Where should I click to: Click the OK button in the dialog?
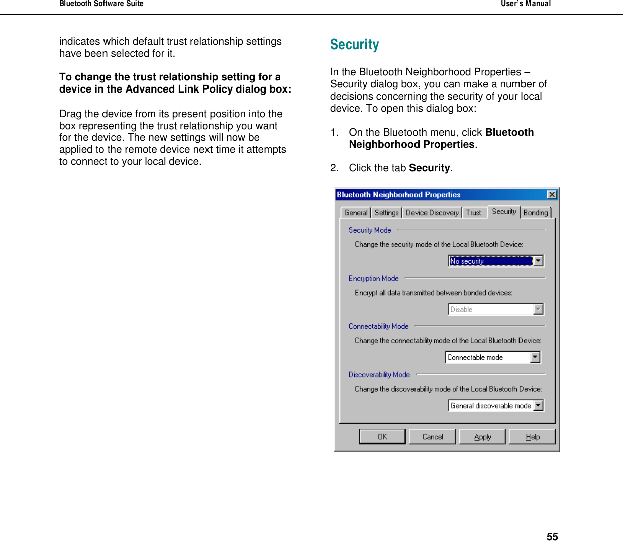pos(382,437)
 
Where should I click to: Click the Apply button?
pos(482,437)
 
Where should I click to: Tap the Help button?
pos(532,437)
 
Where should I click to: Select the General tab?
pos(356,213)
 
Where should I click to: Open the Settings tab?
pos(386,213)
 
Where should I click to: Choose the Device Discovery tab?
pos(432,213)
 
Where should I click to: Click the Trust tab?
pos(473,213)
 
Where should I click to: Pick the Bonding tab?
pos(536,213)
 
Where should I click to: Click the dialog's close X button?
pos(552,195)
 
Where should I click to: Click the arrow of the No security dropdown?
pos(538,261)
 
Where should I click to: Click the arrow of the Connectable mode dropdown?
pos(535,357)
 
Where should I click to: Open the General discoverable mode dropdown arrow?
pos(538,406)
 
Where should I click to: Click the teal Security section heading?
pos(354,45)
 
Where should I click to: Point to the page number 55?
pos(552,537)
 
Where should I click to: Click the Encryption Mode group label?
pos(373,279)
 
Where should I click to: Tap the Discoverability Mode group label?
pos(379,375)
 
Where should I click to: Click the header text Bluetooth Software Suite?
pos(101,4)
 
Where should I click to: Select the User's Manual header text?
pos(526,4)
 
